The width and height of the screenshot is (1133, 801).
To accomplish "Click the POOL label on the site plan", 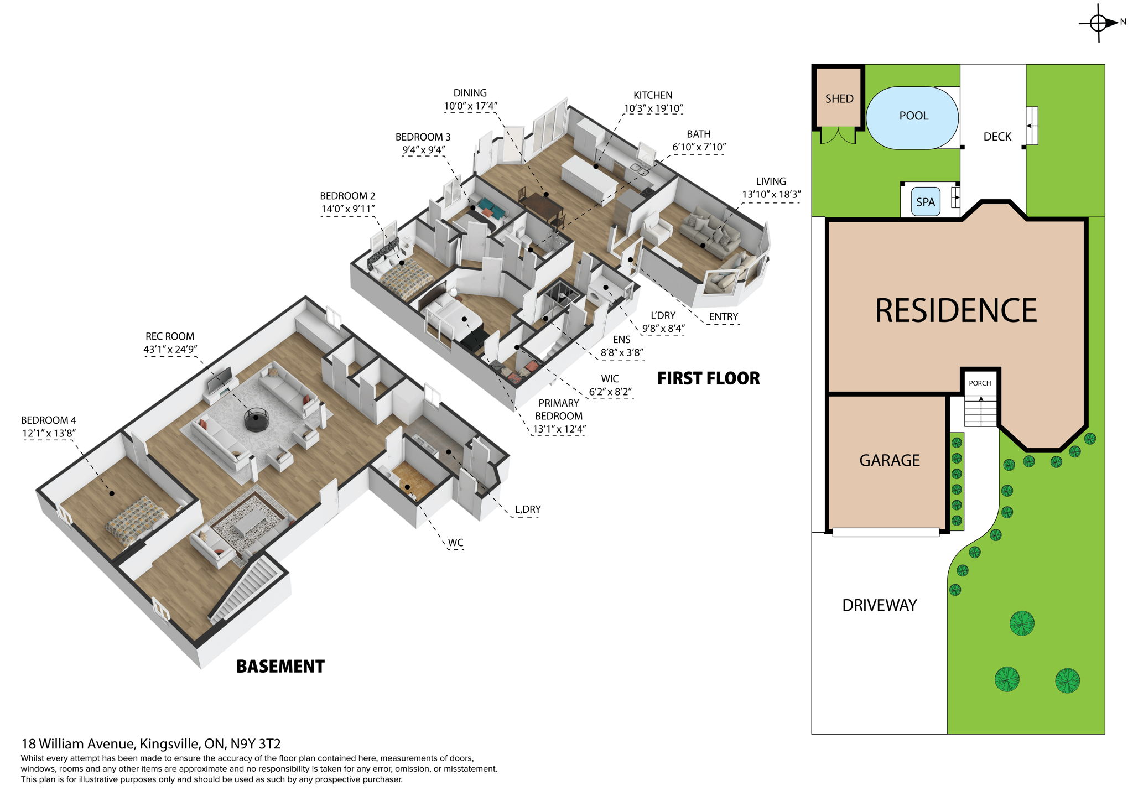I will point(913,116).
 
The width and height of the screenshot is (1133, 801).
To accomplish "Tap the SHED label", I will point(839,99).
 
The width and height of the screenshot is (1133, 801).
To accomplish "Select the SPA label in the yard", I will point(925,202).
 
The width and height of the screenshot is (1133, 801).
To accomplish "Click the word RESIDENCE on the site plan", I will point(955,310).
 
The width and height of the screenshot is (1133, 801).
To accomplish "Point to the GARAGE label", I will point(889,460).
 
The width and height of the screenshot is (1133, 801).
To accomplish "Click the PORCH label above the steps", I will point(980,383).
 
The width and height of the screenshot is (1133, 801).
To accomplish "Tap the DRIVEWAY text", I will point(879,605).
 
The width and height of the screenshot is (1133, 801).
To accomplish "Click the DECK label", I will point(997,137).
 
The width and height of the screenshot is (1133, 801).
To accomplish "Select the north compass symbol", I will point(1099,23).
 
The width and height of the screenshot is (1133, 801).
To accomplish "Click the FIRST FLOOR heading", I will point(708,378).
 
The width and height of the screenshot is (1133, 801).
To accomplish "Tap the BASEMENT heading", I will point(280,666).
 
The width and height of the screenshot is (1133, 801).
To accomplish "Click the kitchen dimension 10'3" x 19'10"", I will point(652,108).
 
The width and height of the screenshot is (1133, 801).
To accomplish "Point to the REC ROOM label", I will point(170,336).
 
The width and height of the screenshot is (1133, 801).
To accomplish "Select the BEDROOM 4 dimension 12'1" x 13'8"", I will point(49,433).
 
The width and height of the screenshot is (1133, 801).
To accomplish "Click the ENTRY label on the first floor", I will point(723,316).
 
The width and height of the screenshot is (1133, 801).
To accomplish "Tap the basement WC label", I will point(455,543).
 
